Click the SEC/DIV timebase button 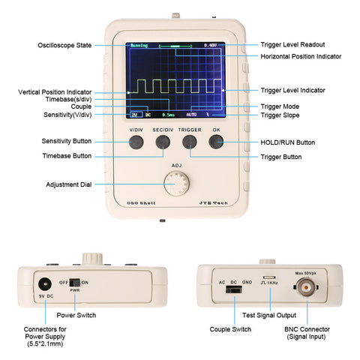163,142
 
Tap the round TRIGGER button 190,142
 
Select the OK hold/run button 216,142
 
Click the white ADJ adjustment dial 177,182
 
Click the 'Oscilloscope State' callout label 64,46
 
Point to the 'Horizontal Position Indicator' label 301,56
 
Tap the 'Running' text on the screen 139,45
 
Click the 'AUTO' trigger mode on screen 191,115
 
